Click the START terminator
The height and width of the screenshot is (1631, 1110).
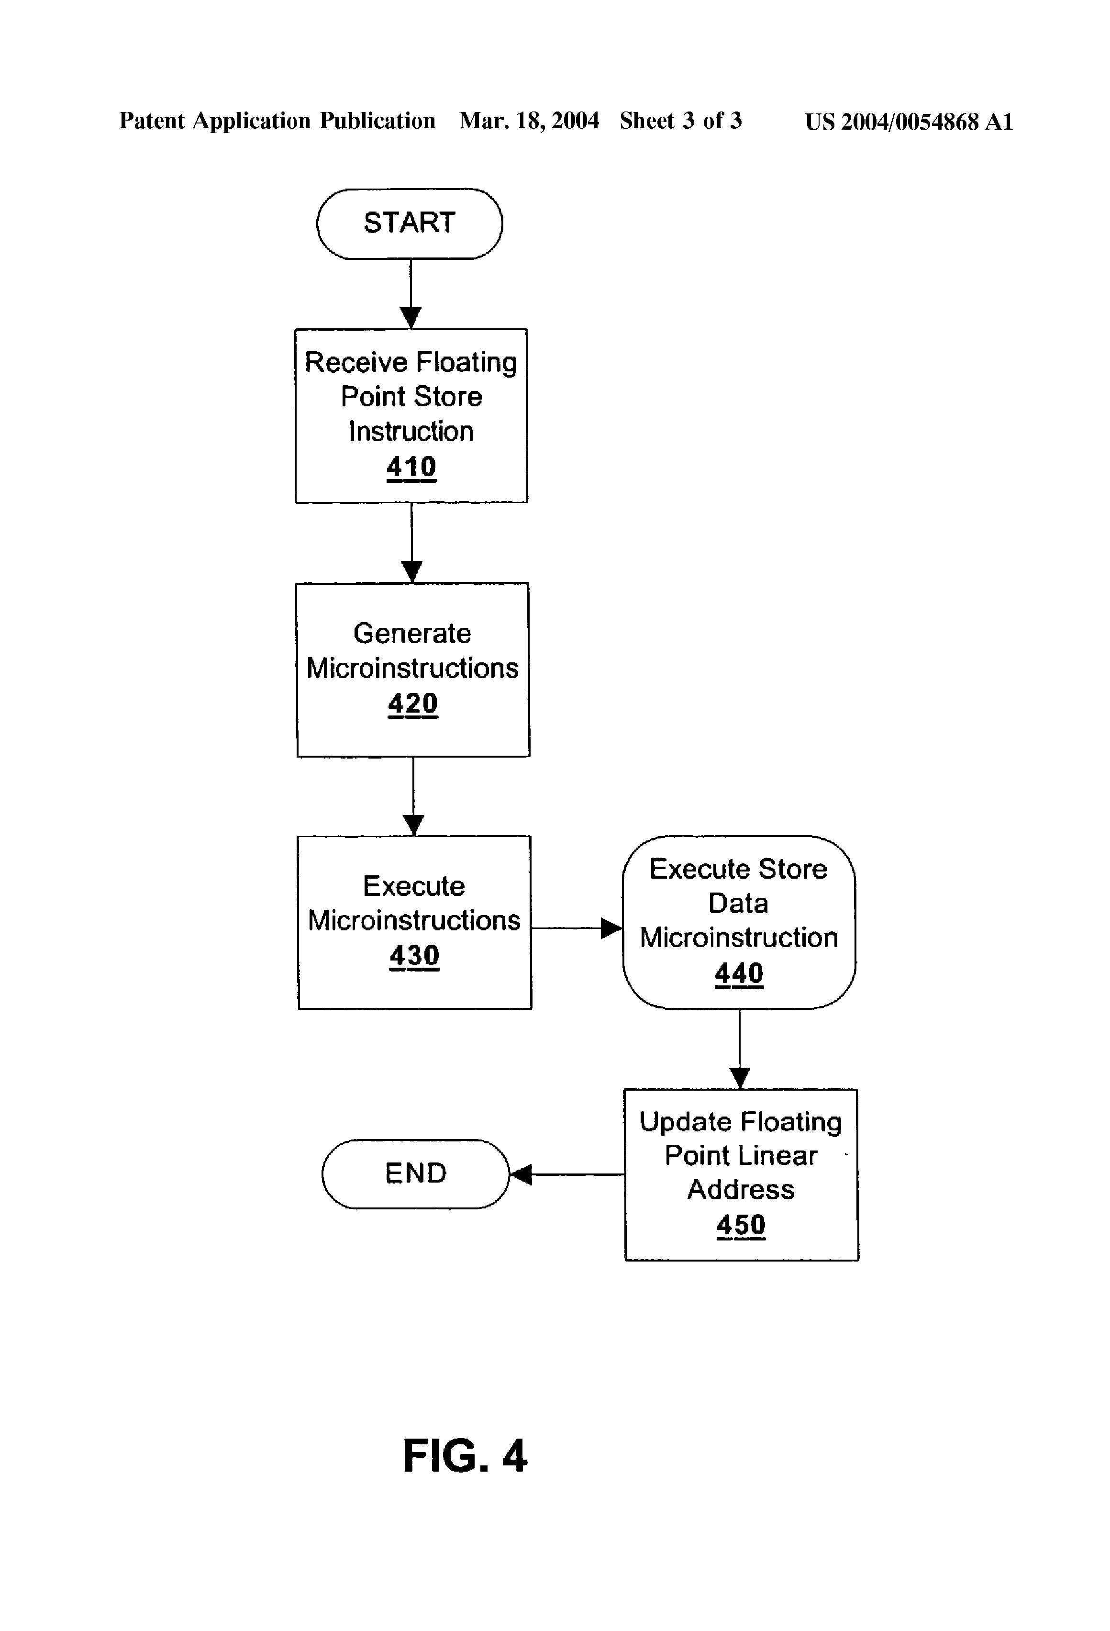(x=409, y=223)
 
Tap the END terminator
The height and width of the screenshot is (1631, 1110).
(x=415, y=1173)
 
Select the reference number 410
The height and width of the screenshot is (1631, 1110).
(x=411, y=467)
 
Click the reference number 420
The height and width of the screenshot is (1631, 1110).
(x=412, y=703)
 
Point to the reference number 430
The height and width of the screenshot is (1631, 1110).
(x=414, y=955)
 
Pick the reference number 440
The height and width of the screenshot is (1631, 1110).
(x=739, y=973)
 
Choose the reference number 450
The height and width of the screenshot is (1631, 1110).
(x=741, y=1225)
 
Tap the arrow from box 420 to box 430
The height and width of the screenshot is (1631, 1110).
(x=413, y=796)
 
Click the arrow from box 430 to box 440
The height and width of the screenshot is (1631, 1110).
(x=576, y=928)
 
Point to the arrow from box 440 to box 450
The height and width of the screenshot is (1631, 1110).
(x=740, y=1049)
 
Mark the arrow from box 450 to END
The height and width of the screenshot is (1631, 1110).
(x=567, y=1174)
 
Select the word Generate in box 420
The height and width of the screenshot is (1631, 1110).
(x=412, y=633)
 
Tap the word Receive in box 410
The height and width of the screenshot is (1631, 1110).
(x=356, y=362)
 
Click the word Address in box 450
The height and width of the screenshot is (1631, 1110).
(x=741, y=1190)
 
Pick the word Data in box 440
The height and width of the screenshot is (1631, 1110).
(x=738, y=903)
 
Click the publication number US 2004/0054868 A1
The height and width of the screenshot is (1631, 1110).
(x=909, y=122)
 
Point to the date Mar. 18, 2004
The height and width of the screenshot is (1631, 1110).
(x=529, y=121)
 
